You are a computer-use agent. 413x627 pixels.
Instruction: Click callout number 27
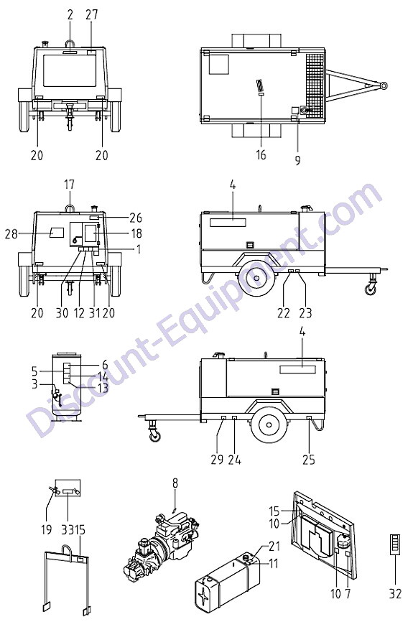tap(91, 15)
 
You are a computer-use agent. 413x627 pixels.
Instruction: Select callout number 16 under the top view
tap(261, 154)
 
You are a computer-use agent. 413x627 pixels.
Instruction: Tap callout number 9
tap(297, 160)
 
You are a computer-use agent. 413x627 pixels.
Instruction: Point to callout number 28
tap(11, 233)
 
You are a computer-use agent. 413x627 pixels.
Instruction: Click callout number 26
tap(136, 218)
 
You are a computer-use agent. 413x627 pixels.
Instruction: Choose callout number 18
tap(136, 233)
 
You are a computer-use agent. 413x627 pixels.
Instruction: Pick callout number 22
tap(284, 313)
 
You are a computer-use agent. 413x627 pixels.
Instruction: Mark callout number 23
tap(305, 313)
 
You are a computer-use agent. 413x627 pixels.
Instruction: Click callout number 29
tap(217, 460)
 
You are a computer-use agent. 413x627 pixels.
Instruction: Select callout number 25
tap(309, 460)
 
